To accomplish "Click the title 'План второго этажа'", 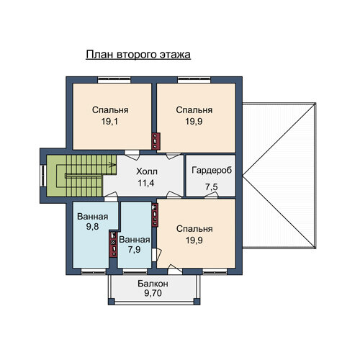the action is click(138, 55).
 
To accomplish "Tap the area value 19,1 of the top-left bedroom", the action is click(109, 122).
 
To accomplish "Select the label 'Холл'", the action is click(147, 171).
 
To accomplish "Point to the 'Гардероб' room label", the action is click(212, 170).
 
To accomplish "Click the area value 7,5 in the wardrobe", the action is click(212, 186).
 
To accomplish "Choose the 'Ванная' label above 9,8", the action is click(93, 217).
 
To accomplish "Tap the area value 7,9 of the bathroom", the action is click(134, 250).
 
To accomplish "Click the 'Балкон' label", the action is click(153, 284).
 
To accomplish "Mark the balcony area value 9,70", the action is click(153, 293).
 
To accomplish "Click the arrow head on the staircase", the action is click(113, 165).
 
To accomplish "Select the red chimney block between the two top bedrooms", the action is click(156, 141).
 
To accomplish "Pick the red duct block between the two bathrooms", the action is click(113, 243).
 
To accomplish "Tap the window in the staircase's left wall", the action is click(43, 176).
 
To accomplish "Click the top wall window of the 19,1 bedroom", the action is click(114, 80).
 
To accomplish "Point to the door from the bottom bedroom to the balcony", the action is click(175, 269).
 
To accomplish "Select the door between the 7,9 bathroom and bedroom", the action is click(157, 254).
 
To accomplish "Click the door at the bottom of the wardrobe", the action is click(211, 195).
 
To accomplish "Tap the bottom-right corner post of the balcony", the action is click(197, 302).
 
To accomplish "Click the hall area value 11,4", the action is click(146, 183).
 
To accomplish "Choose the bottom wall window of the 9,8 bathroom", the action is click(94, 271).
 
